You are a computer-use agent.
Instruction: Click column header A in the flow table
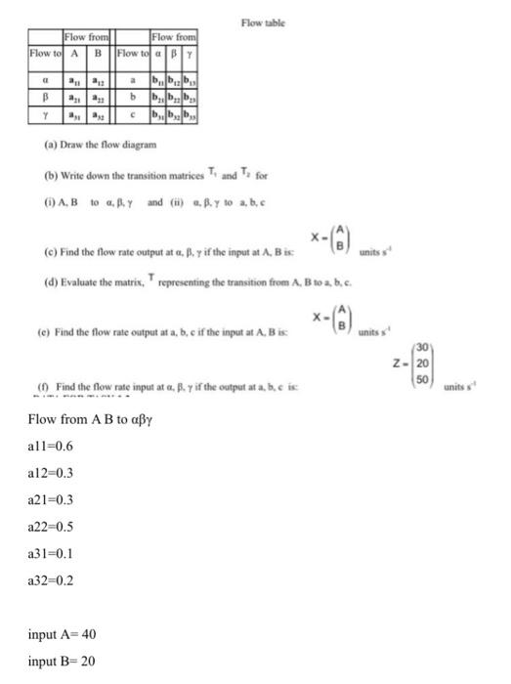pos(74,53)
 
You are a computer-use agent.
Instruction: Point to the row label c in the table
pos(130,114)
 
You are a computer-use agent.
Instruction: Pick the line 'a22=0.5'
pos(52,525)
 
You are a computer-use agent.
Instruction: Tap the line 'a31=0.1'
pos(52,552)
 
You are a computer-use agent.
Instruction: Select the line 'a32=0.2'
pos(52,578)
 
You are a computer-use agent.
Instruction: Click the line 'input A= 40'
pos(62,634)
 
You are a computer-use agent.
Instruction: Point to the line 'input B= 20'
pos(62,661)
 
